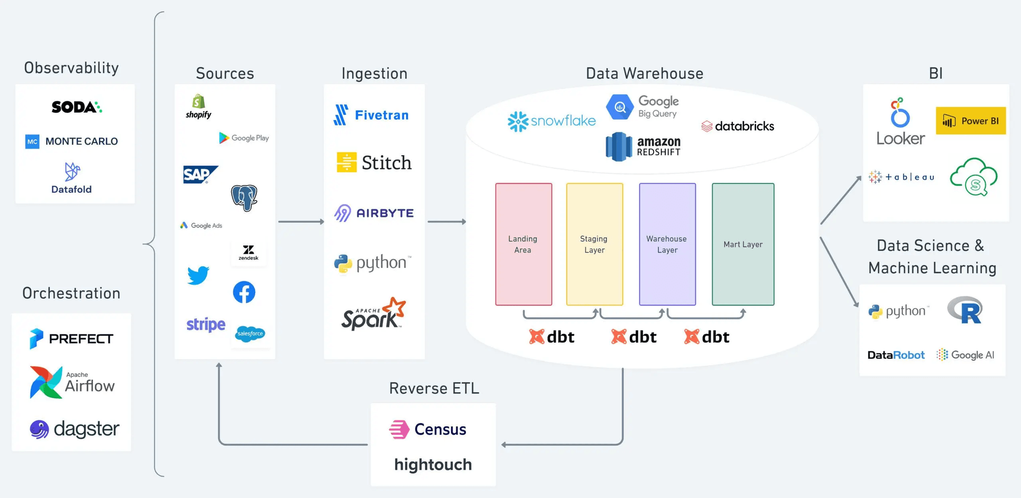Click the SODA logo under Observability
[77, 107]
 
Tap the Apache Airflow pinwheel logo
[46, 382]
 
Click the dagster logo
[74, 429]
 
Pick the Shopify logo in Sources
[198, 106]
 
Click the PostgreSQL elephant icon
[244, 198]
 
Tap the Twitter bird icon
[198, 275]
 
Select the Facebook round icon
[244, 292]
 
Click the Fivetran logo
[371, 115]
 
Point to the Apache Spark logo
[373, 315]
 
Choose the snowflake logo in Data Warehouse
[551, 121]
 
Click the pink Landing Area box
[523, 244]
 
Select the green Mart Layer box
[742, 244]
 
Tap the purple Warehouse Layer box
[667, 244]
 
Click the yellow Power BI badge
[970, 121]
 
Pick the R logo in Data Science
[966, 311]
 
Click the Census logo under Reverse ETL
[428, 429]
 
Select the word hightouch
[433, 465]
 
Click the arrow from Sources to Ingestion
[301, 222]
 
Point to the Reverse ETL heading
[434, 389]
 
